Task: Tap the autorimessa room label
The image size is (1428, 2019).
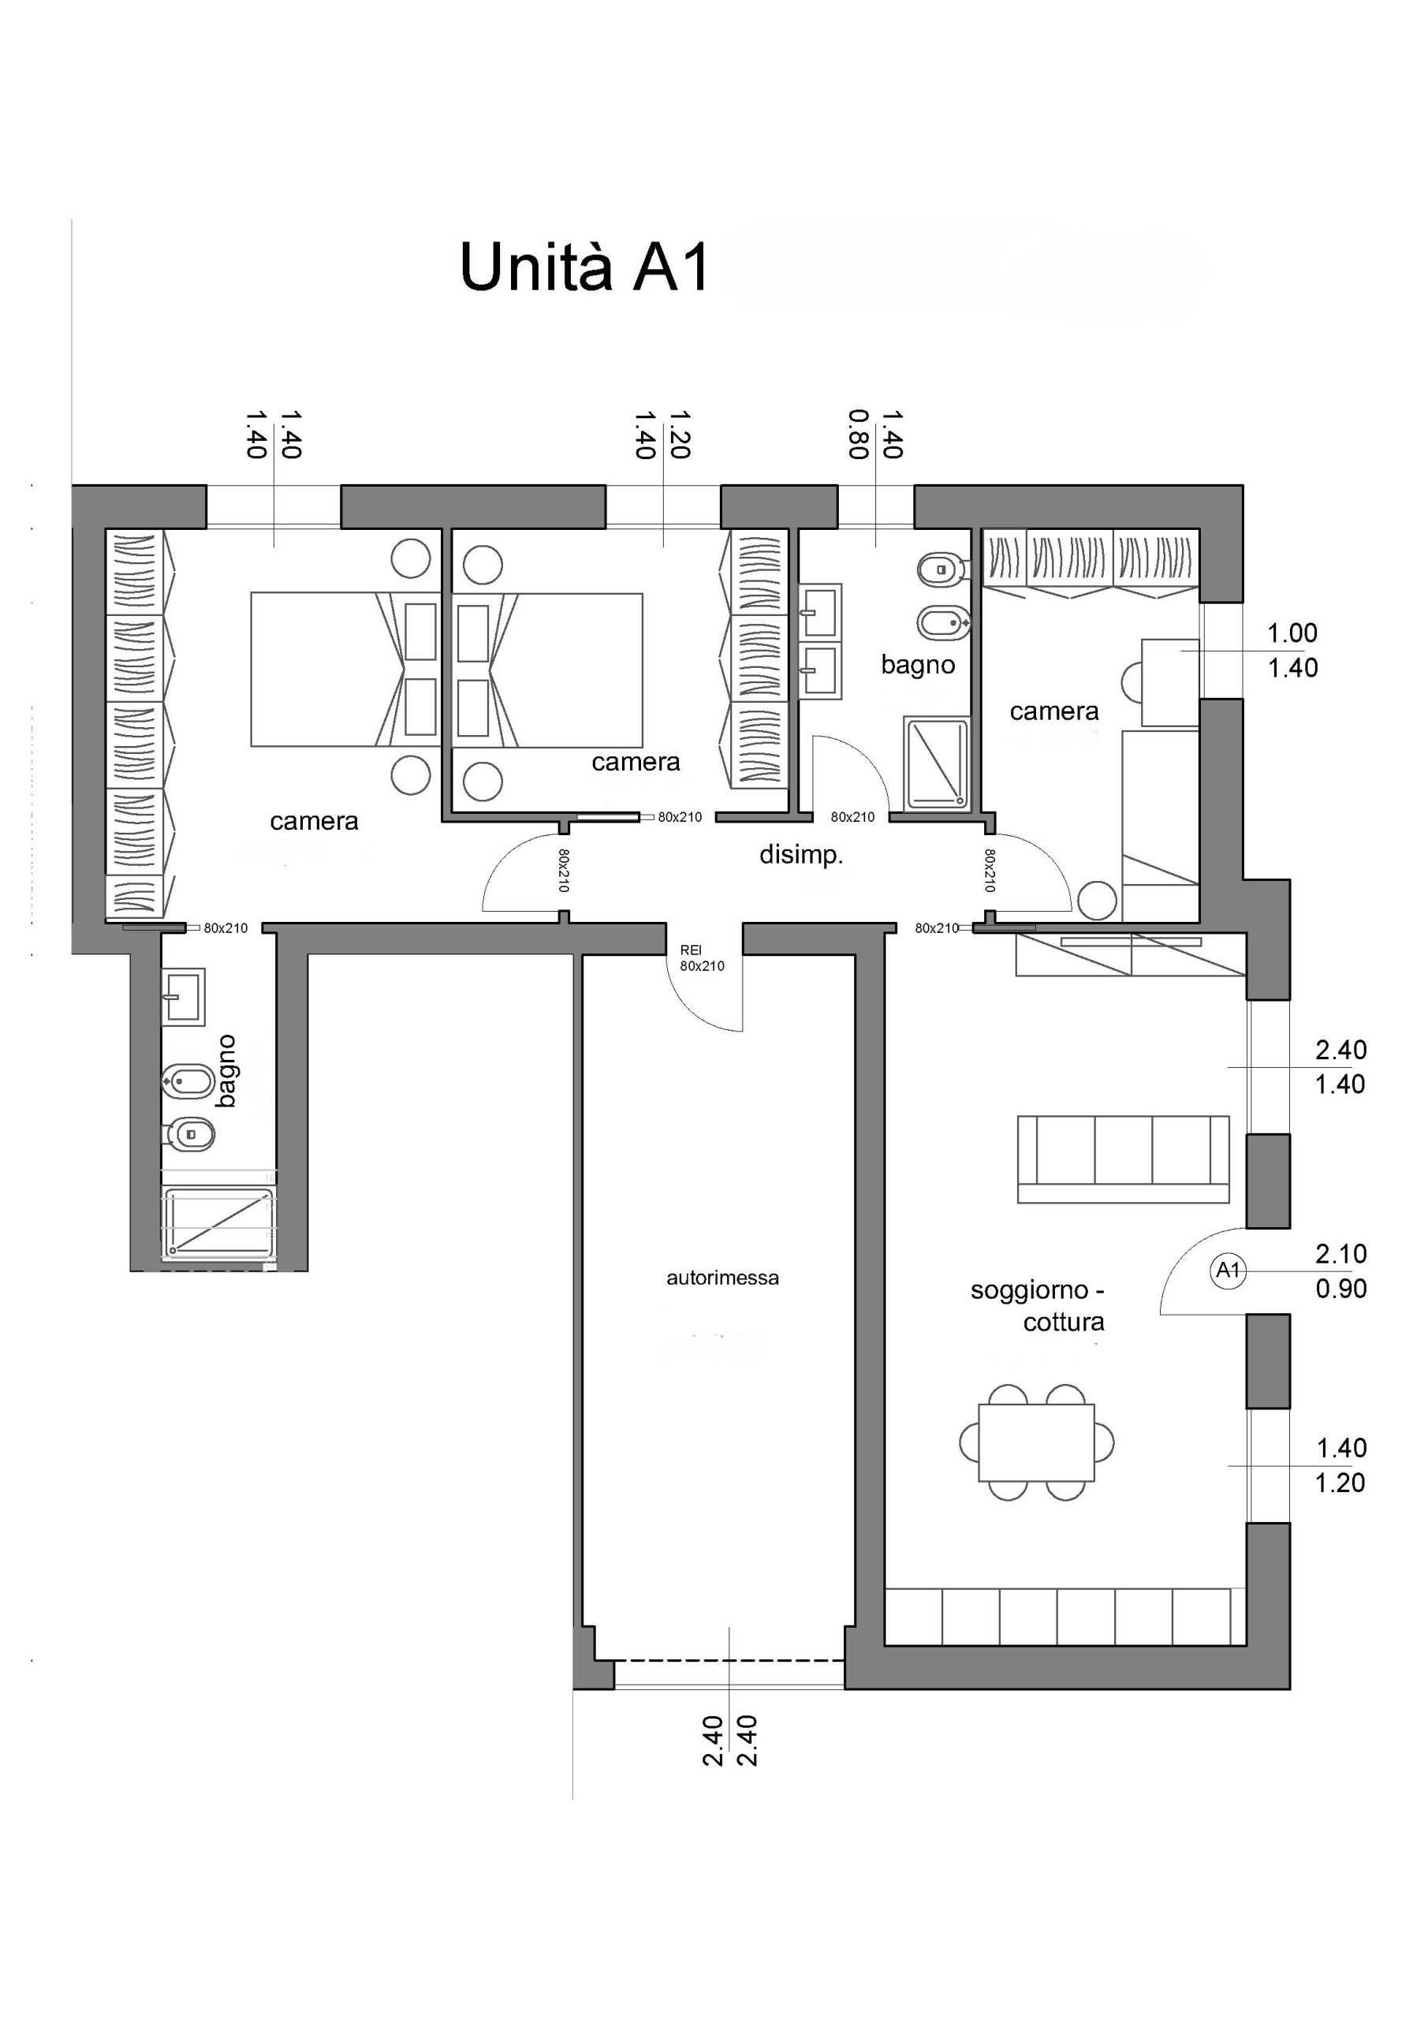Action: tap(722, 1278)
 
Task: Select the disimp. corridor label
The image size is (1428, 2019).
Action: tap(801, 855)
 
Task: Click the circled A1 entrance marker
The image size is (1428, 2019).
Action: tap(1228, 1271)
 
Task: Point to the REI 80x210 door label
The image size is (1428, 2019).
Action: tap(702, 958)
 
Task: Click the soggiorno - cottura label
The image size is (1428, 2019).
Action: tap(1038, 1306)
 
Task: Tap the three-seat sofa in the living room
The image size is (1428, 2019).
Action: tap(1123, 1159)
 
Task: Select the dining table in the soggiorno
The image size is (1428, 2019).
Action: tap(1037, 1442)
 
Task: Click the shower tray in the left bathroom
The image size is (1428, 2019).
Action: tap(219, 1222)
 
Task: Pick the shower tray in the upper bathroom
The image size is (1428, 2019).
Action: tap(937, 763)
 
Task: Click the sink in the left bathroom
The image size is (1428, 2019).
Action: tap(183, 997)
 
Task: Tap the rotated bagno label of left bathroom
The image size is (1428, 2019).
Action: tap(226, 1072)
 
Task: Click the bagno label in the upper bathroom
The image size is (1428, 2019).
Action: tap(918, 665)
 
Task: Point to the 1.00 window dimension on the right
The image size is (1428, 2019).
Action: tap(1292, 633)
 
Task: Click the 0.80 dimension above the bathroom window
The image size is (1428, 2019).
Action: tap(859, 435)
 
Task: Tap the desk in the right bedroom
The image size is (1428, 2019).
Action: tap(1169, 682)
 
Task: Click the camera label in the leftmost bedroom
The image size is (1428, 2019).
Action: tap(314, 821)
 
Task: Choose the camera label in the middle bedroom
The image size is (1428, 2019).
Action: tap(636, 763)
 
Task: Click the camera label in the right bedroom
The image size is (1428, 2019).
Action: tap(1054, 711)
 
